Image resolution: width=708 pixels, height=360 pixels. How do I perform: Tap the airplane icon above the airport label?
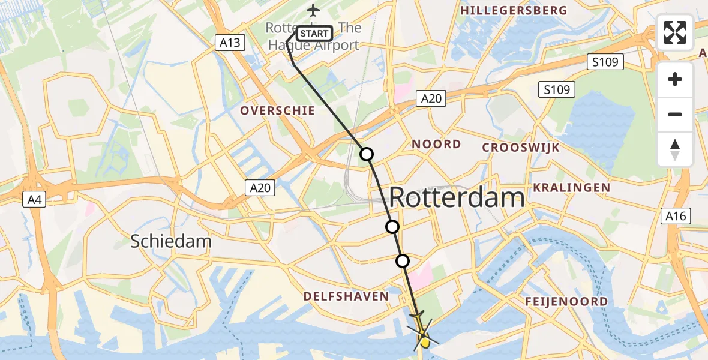313,10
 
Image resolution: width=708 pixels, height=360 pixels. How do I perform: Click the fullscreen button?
675,32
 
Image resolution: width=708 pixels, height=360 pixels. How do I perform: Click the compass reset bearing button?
675,149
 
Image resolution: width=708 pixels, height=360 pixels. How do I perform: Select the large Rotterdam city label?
457,197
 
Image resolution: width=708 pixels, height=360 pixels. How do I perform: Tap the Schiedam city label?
172,242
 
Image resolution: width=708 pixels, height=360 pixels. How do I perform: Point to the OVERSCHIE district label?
277,110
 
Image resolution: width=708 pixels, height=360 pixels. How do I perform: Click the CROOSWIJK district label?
521,148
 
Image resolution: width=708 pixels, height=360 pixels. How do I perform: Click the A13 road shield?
230,42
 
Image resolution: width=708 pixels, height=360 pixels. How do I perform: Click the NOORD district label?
436,144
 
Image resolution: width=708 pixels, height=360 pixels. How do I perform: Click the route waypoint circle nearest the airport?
366,154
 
